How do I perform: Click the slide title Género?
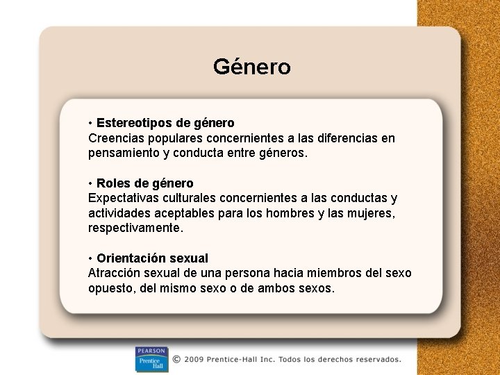[x=251, y=67]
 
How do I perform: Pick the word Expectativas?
[x=124, y=198]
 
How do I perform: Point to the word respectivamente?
[x=135, y=228]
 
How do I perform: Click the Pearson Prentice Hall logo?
[x=151, y=359]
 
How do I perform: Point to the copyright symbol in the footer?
[x=177, y=360]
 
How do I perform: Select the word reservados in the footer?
[x=375, y=360]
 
